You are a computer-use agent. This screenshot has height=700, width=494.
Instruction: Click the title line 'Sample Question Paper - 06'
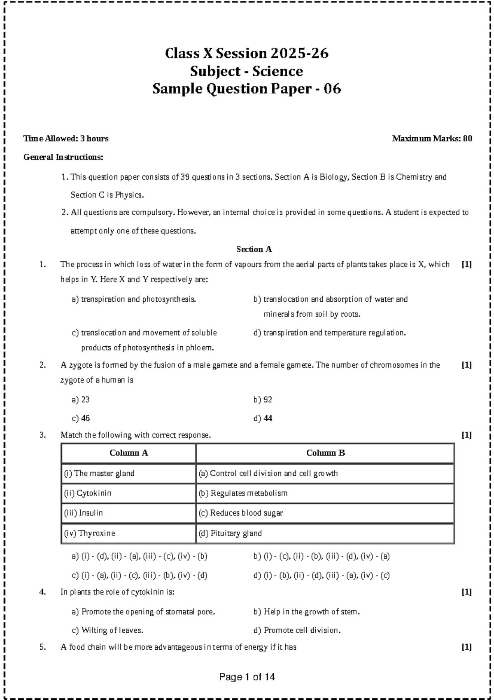tap(247, 89)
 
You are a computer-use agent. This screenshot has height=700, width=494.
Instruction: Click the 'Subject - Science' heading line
tap(247, 71)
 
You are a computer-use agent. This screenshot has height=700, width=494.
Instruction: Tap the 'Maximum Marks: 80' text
tap(432, 139)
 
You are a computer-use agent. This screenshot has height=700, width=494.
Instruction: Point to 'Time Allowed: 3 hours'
tap(66, 139)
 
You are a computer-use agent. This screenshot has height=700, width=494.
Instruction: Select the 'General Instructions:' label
tap(63, 157)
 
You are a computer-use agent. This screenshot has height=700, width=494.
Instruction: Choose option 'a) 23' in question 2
tap(81, 399)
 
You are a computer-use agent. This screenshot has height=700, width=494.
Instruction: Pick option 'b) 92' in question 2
tap(263, 399)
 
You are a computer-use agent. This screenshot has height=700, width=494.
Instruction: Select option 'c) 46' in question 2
tap(81, 418)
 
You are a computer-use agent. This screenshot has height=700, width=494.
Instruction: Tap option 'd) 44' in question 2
tap(263, 418)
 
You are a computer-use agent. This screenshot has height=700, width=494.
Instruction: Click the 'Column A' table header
tap(128, 453)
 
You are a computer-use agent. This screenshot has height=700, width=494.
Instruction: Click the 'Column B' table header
tap(325, 453)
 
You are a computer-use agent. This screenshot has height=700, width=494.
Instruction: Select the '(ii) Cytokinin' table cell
tap(88, 493)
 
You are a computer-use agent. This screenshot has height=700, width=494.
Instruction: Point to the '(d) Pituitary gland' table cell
tap(230, 533)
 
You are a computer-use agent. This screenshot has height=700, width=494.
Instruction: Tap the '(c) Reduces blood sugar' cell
tap(241, 513)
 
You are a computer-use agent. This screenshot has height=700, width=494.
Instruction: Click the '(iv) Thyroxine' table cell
tap(89, 533)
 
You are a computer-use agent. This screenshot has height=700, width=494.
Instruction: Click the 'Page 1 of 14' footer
tap(247, 677)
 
